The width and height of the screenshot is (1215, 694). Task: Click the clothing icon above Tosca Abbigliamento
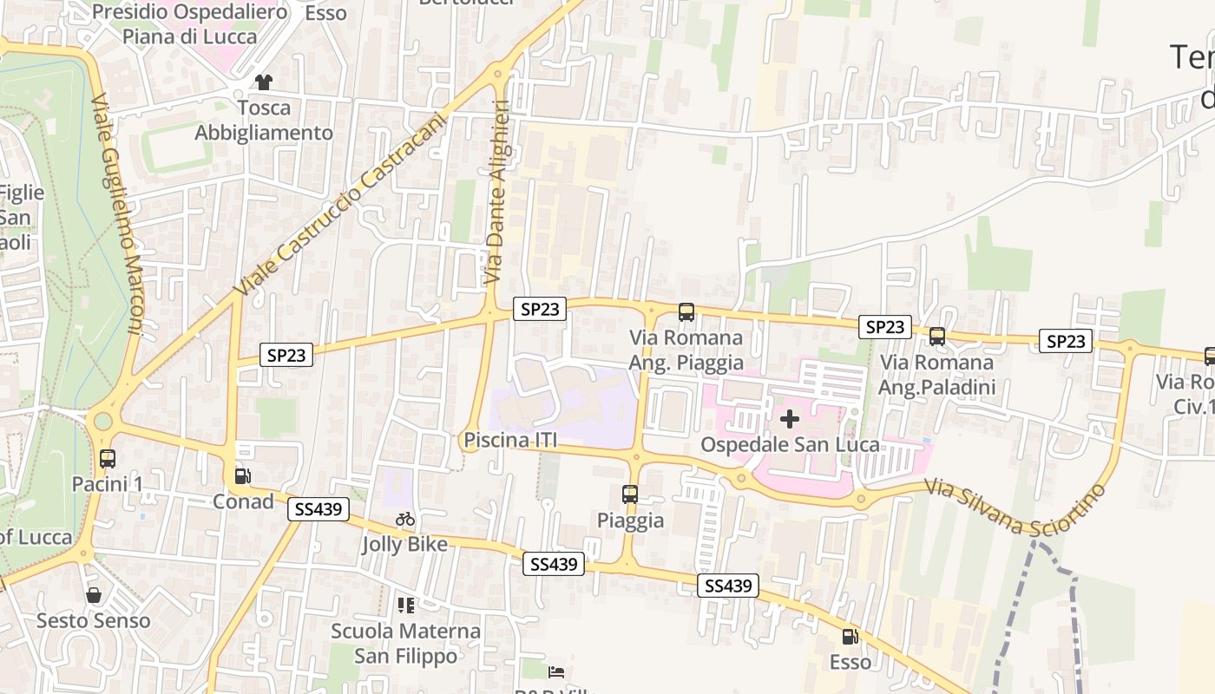263,82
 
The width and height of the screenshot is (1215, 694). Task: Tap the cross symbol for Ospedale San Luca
789,420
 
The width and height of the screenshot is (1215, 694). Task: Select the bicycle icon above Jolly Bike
405,519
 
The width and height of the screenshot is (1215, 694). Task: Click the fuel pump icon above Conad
243,476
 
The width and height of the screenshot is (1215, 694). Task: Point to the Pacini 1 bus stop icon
108,459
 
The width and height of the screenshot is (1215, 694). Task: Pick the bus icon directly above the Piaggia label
630,494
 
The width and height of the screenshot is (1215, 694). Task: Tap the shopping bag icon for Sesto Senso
94,595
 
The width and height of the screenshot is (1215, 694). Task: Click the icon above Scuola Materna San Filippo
405,605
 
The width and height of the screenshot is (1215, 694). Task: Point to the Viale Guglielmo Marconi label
117,213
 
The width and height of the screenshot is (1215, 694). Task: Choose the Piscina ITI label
509,441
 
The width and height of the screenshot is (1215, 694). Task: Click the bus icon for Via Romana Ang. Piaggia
686,311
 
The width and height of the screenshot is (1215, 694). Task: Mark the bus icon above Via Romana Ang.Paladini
937,337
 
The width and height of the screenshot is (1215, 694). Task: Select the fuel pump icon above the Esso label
850,637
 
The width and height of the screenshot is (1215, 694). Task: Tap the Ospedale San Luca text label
790,445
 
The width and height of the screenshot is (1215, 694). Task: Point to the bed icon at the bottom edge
556,671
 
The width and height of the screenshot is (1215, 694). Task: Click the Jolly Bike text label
405,545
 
